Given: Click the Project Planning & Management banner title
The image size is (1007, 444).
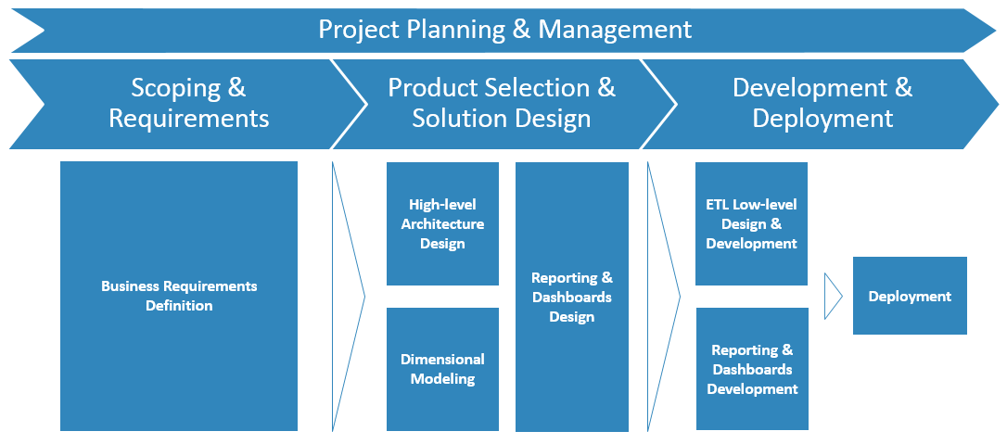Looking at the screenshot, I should [504, 29].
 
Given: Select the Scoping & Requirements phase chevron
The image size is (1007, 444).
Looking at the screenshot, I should [188, 103].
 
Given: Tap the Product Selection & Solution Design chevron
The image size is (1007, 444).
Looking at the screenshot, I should [502, 103].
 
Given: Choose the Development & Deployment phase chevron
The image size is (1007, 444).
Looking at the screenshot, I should [822, 103].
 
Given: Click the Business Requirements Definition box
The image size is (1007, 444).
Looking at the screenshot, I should [179, 296].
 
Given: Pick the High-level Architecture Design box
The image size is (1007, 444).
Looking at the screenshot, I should [442, 223].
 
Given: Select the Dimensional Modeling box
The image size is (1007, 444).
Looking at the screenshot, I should [442, 369].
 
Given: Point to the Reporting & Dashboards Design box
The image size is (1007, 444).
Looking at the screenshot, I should [571, 297].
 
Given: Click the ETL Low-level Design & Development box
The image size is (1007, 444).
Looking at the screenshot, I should [751, 223].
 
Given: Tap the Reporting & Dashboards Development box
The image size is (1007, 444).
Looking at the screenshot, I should [752, 369].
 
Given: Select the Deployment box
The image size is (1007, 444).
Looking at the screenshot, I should [910, 297].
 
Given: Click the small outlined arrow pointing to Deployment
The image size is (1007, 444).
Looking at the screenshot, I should [833, 297].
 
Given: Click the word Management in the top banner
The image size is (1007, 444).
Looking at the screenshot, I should [615, 29].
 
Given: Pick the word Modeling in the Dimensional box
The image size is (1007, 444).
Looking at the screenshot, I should [442, 378].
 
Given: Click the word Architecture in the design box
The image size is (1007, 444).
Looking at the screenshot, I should [442, 223].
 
